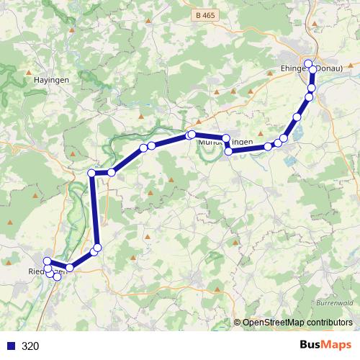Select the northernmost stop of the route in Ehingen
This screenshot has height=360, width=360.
click(x=308, y=63)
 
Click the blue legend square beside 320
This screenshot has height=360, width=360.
click(x=11, y=346)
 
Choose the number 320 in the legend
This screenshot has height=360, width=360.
click(x=31, y=346)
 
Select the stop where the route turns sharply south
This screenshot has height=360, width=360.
click(x=91, y=173)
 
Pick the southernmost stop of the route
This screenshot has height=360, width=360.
click(x=58, y=276)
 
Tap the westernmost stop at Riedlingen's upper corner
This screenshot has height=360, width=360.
click(x=47, y=261)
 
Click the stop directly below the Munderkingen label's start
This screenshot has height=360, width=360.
click(x=229, y=151)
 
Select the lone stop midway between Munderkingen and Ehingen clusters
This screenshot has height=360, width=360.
click(x=296, y=117)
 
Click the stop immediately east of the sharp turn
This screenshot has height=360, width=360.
click(x=112, y=172)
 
